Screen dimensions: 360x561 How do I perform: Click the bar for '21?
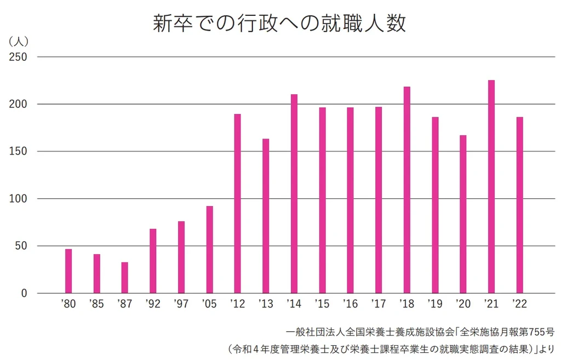[491, 187]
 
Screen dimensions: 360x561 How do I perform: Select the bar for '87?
[125, 278]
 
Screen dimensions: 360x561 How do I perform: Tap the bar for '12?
[237, 204]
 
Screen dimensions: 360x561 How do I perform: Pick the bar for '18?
[407, 190]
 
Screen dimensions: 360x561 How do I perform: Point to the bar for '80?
[68, 271]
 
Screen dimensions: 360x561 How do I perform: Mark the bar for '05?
[209, 250]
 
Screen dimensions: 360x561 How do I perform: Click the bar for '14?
[294, 194]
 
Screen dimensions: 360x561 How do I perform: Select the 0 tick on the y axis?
[24, 294]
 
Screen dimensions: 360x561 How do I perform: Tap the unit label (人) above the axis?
[19, 41]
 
